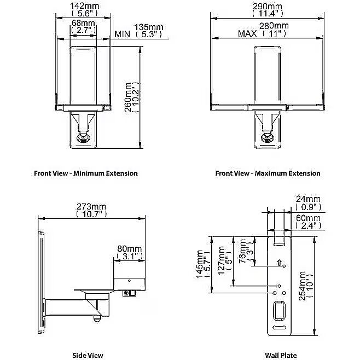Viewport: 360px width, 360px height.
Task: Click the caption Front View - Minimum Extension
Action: tap(86, 173)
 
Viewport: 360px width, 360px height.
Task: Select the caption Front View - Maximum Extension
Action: tap(268, 173)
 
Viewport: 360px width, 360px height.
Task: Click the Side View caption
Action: tap(88, 355)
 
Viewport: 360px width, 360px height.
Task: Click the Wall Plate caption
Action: tap(281, 355)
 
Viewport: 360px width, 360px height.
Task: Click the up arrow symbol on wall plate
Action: tap(280, 264)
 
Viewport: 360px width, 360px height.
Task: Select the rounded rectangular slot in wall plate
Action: tap(280, 311)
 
